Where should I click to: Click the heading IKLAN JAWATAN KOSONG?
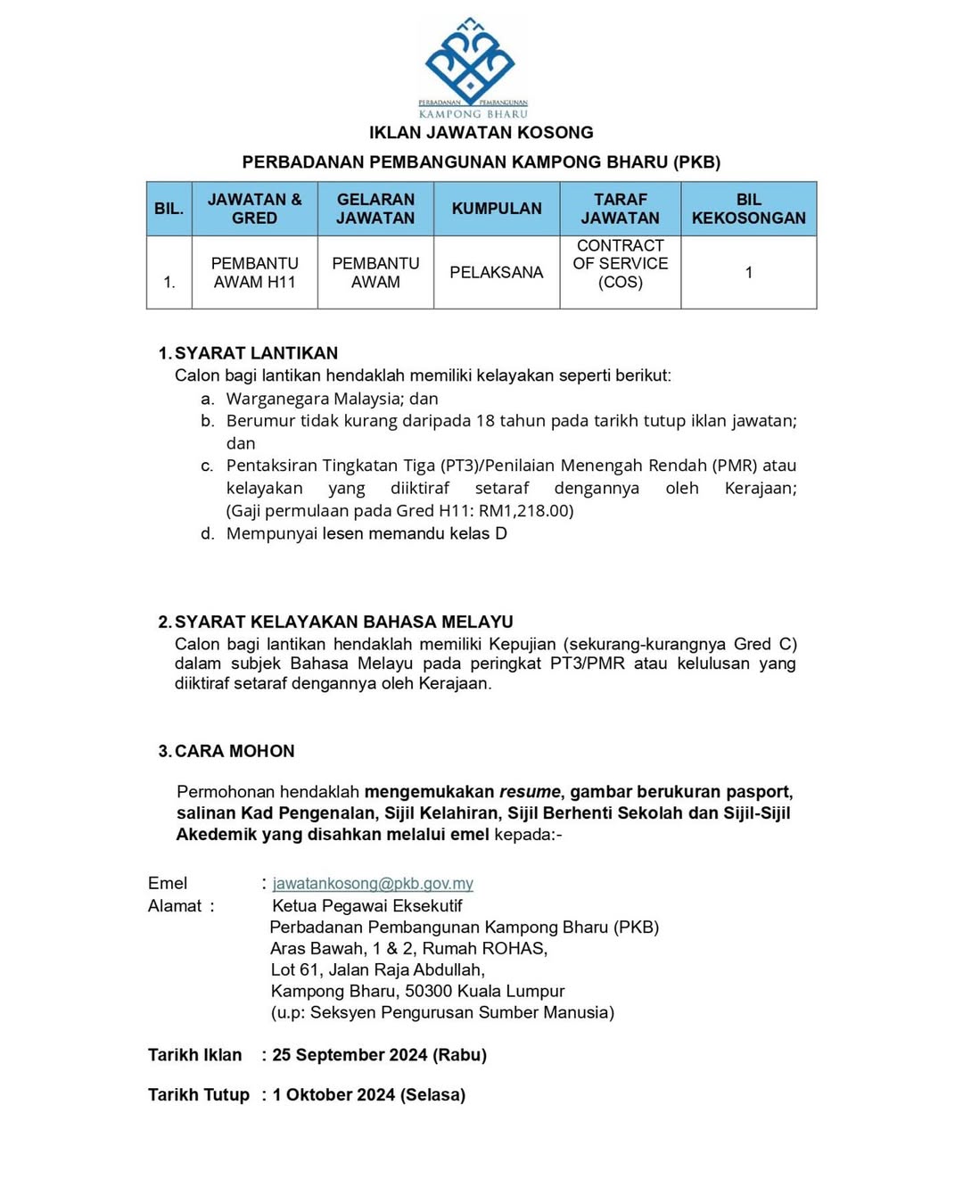[481, 133]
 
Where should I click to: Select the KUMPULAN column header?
[497, 209]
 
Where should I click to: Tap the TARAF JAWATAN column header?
[621, 209]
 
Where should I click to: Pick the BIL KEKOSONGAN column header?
[749, 209]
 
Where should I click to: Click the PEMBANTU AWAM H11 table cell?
[254, 273]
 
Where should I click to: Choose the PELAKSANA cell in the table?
[497, 273]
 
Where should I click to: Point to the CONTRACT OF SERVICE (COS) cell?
[621, 264]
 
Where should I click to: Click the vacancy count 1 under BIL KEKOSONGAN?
[749, 273]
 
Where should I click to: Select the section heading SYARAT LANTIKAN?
[256, 353]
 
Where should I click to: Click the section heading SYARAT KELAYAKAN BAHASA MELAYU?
[343, 622]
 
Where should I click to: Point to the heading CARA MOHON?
[234, 751]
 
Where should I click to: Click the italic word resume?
[530, 792]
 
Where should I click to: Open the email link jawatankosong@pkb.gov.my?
[373, 884]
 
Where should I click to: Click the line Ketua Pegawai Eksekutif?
[366, 906]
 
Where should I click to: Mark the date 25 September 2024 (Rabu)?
[379, 1055]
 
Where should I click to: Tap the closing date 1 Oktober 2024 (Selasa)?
[369, 1095]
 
